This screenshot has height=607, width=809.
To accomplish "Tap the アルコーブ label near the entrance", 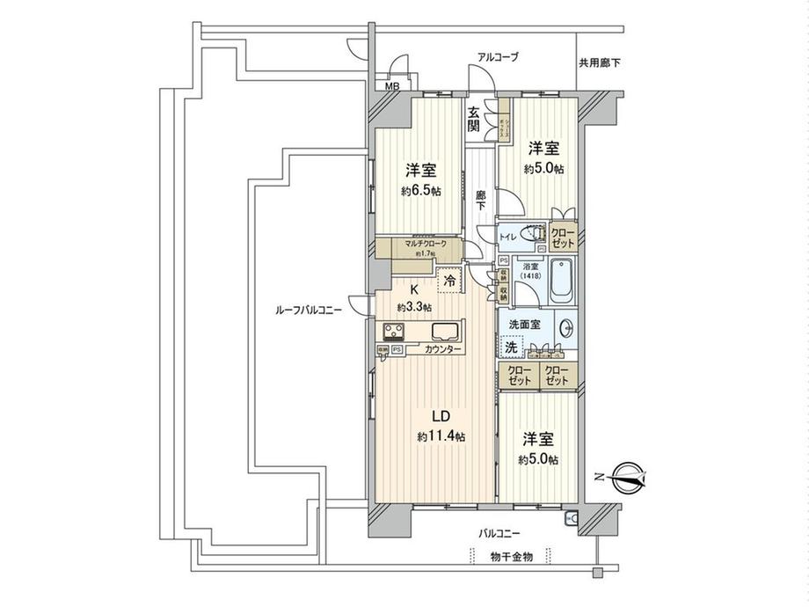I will coord(498,57).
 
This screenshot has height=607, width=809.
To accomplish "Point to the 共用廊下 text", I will coord(600,63).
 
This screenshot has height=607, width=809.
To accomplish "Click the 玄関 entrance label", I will coord(474,119).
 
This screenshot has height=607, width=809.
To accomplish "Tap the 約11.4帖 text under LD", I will coord(441,436).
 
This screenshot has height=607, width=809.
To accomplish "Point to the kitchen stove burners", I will coord(393,333).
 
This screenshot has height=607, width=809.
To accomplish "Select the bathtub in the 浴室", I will coord(561,281).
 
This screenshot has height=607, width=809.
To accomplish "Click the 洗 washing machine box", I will coord(511,347).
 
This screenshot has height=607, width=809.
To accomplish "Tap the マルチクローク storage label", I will coord(426,244).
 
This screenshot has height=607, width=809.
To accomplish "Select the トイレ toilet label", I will coord(509,237).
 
